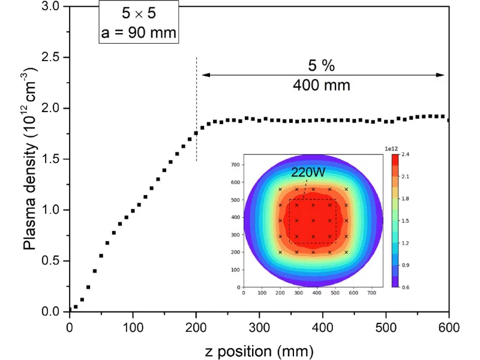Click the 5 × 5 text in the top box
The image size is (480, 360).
[x=138, y=12]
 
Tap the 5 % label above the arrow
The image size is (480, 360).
[x=322, y=66]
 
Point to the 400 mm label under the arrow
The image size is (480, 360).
[x=322, y=85]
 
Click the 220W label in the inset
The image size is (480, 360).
[x=308, y=172]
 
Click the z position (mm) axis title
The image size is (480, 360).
[x=259, y=350]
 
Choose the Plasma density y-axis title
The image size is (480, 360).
[x=29, y=159]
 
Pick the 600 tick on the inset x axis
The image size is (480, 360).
[x=353, y=293]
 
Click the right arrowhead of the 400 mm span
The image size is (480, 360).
[x=442, y=75]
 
